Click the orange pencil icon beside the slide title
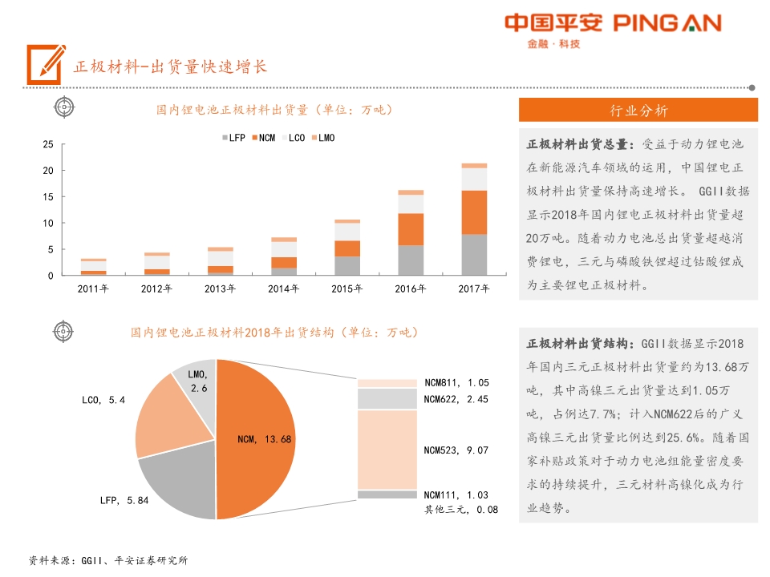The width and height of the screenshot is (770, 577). pyautogui.click(x=45, y=63)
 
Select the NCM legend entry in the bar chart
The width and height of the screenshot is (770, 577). pyautogui.click(x=262, y=138)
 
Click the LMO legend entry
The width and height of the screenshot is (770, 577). pyautogui.click(x=322, y=138)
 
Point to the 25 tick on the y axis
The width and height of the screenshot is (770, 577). pyautogui.click(x=47, y=144)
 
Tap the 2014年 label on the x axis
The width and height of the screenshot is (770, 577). pyautogui.click(x=283, y=288)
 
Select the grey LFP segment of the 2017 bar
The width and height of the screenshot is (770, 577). pyautogui.click(x=473, y=255)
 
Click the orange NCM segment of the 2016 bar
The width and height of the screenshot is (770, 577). pyautogui.click(x=411, y=229)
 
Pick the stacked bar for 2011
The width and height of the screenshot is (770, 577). pyautogui.click(x=94, y=267)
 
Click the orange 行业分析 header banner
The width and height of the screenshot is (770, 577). pyautogui.click(x=638, y=111)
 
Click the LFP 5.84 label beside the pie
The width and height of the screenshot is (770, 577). pyautogui.click(x=124, y=501)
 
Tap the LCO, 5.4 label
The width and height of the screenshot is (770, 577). pyautogui.click(x=103, y=399)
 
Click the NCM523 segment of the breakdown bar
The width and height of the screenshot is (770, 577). pyautogui.click(x=387, y=450)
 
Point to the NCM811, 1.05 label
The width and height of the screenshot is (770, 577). pyautogui.click(x=456, y=383)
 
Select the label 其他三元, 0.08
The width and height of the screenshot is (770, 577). pyautogui.click(x=460, y=509)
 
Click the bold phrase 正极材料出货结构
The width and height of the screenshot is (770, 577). pyautogui.click(x=578, y=344)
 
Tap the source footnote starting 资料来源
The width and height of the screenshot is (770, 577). pyautogui.click(x=107, y=560)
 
